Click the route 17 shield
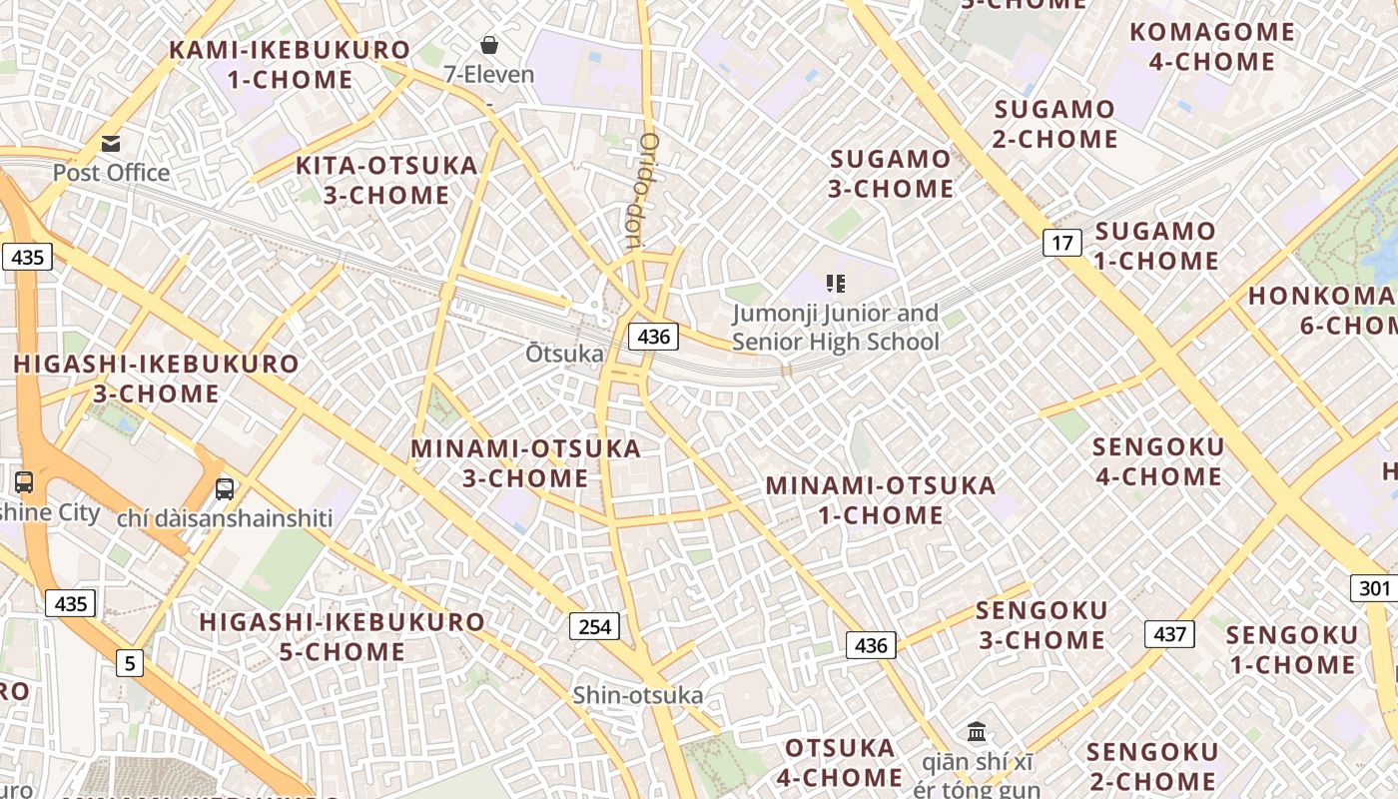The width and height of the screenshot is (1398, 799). (x=1062, y=242)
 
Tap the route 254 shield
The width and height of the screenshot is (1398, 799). (x=594, y=626)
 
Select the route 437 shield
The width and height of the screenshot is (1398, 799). (x=1169, y=633)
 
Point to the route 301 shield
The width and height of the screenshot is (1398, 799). (x=1375, y=587)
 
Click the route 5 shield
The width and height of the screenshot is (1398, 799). (x=129, y=661)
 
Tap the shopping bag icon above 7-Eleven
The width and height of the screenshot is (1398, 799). (x=489, y=45)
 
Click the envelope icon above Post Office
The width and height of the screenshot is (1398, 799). (x=111, y=144)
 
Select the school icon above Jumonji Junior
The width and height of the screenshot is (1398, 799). (x=836, y=284)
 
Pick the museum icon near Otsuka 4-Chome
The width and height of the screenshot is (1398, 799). (x=977, y=731)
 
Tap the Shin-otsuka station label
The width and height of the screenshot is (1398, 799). (x=638, y=695)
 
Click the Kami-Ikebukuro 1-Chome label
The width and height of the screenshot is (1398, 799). (x=290, y=64)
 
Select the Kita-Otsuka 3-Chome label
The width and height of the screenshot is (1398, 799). (x=386, y=180)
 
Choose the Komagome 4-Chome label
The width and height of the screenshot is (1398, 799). (x=1212, y=46)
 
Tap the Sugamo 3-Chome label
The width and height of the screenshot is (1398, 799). (x=891, y=173)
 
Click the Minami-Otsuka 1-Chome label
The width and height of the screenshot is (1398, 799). (x=881, y=500)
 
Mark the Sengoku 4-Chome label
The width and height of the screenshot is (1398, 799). (x=1158, y=461)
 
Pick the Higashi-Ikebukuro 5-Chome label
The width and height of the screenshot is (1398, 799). (x=343, y=636)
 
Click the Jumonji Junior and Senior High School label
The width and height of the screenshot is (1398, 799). (x=836, y=328)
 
